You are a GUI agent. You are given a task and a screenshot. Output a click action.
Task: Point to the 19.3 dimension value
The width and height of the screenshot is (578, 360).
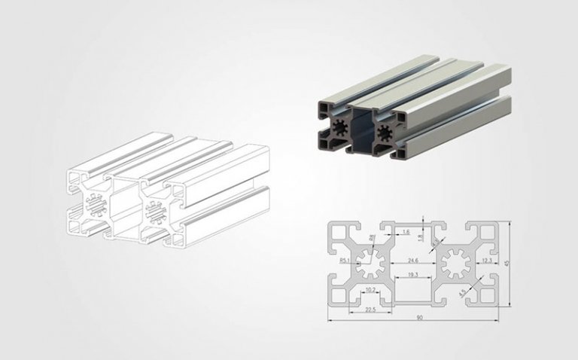coord(413,276)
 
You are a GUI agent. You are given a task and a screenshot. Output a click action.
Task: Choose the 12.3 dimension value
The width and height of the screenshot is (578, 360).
coord(486,261)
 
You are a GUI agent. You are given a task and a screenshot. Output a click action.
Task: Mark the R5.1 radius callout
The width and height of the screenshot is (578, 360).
coord(345,261)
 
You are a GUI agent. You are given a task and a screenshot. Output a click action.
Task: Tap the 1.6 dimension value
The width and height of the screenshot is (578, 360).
coord(406,232)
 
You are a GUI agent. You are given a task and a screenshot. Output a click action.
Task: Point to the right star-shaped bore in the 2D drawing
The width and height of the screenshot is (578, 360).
coord(456,264)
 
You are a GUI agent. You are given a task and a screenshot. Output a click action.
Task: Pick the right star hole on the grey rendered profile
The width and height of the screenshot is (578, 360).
coord(385,135)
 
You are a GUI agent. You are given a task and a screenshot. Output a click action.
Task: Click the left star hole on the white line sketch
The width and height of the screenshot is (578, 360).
coord(96,205)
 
